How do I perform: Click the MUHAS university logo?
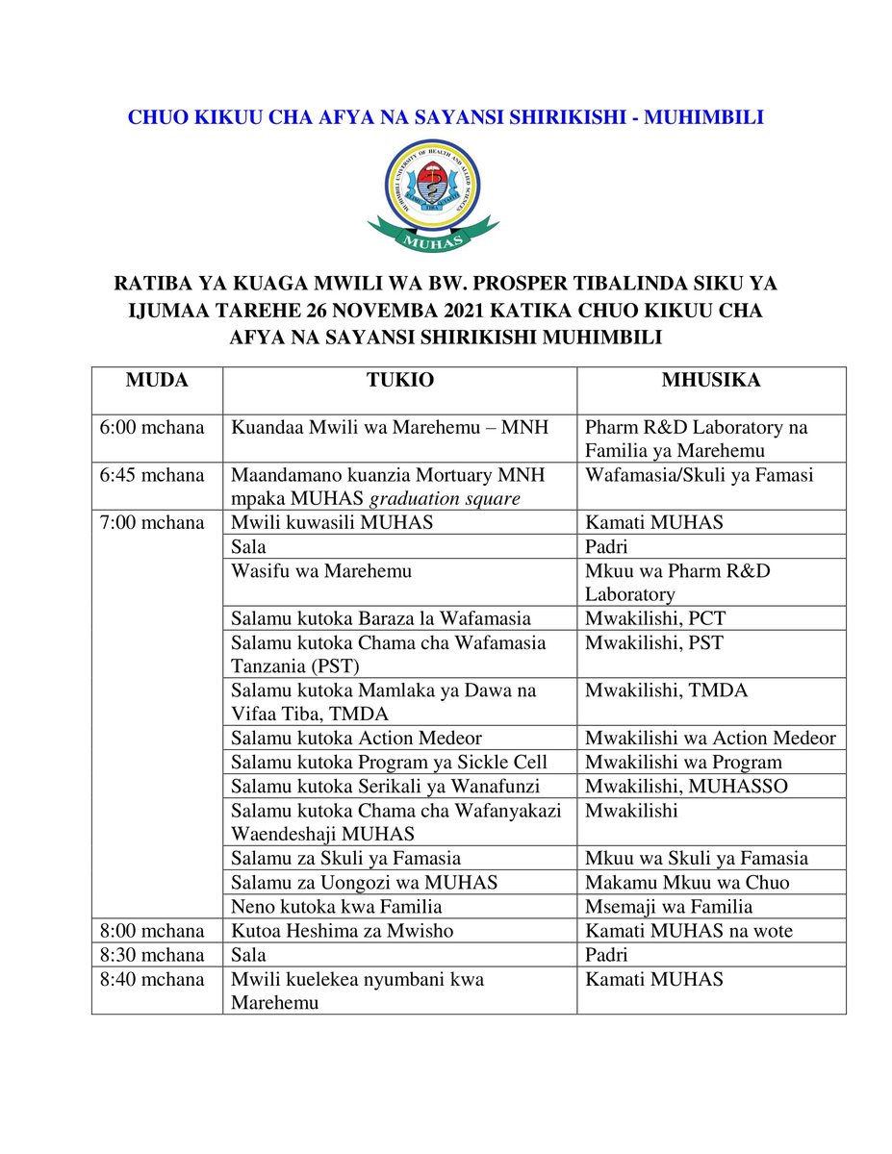433,194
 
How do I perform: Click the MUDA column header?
157,381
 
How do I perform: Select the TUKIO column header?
399,381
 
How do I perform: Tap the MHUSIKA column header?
711,381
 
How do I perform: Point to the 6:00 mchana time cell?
152,427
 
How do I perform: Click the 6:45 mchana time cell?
152,475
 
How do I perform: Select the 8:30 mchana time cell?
152,955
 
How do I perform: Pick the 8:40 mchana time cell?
152,979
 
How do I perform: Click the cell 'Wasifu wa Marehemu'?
321,571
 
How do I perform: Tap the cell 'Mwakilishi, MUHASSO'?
686,787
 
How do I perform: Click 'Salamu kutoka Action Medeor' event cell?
356,739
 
